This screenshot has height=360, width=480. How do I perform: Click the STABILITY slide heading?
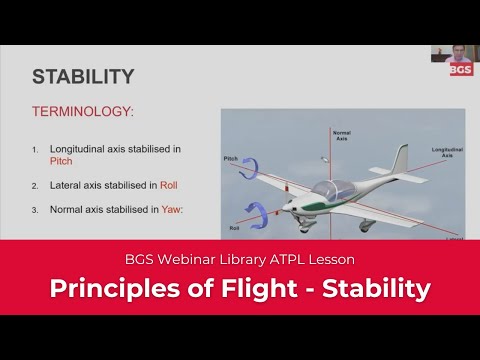tap(83, 77)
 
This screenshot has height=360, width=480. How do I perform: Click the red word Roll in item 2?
tap(168, 185)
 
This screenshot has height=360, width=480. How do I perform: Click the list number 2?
tap(35, 185)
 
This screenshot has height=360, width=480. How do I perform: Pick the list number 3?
tap(35, 209)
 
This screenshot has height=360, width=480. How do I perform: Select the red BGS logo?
tap(461, 69)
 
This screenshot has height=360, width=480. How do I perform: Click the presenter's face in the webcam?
tap(457, 52)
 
